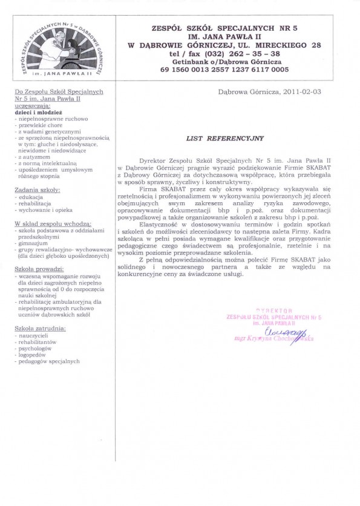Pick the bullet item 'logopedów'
click(x=35, y=355)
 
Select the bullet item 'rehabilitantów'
click(x=40, y=342)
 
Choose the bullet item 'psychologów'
click(x=38, y=349)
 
